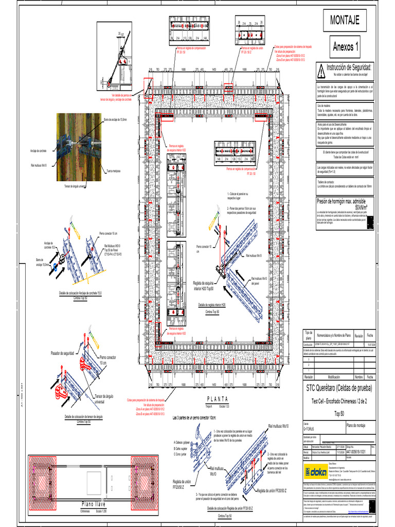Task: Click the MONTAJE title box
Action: (345, 20)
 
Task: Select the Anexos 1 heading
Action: (345, 47)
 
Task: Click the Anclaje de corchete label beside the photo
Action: (40, 150)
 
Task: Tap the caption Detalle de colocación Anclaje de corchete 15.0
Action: (81, 293)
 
